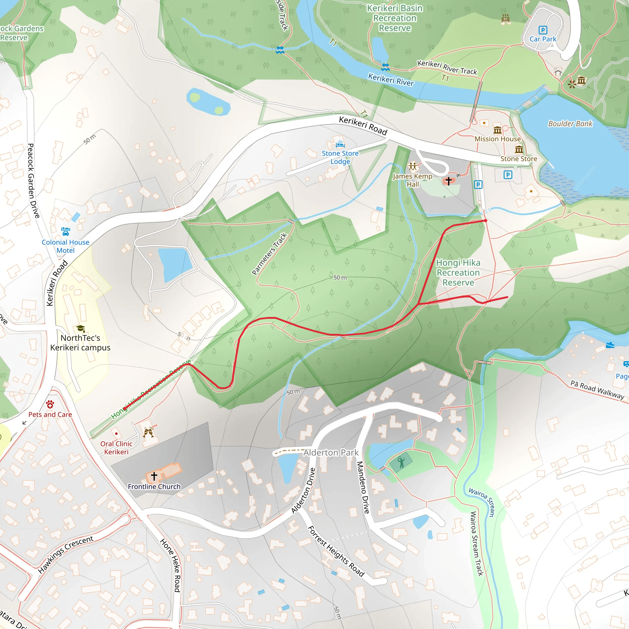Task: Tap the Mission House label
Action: pos(498,139)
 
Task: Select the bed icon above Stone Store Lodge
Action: pos(340,145)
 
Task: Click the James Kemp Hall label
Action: pos(412,180)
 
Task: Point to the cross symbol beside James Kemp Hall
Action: pos(448,181)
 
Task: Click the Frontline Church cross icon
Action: pos(154,476)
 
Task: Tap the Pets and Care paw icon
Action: pos(50,405)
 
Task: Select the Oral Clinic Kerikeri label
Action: pos(116,448)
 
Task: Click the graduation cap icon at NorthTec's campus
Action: pos(80,329)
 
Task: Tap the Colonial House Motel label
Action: pos(65,246)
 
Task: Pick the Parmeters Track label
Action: pos(269,254)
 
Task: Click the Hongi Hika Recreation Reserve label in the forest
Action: pos(458,272)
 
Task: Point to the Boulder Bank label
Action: pos(570,124)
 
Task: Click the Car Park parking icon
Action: pos(543,30)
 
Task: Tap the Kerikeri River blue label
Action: pos(391,80)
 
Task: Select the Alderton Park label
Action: pos(331,452)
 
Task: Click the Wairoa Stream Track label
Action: pos(477,544)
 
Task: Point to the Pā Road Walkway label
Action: pos(597,390)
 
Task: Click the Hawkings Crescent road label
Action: pos(66,554)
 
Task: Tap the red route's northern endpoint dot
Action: pos(486,221)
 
